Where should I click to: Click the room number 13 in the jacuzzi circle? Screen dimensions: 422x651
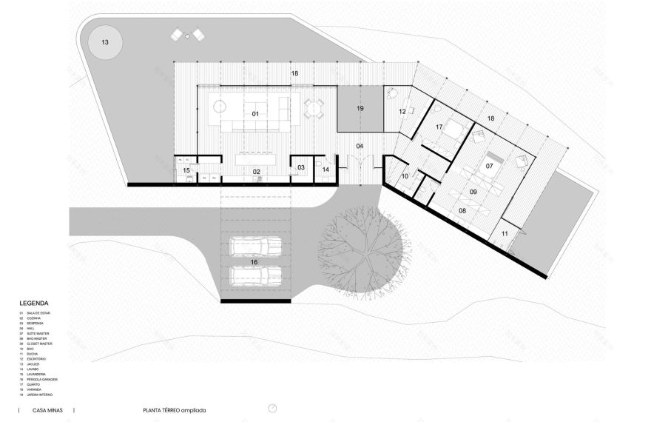tap(104, 43)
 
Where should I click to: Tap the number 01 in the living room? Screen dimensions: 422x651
tap(255, 114)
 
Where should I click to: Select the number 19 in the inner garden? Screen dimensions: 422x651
tap(360, 109)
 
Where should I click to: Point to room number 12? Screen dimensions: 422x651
tap(402, 112)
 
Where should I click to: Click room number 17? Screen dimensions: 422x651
tap(439, 127)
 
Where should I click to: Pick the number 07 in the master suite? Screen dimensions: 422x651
tap(489, 166)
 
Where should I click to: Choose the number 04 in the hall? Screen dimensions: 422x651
tap(360, 146)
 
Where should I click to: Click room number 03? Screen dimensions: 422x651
tap(301, 168)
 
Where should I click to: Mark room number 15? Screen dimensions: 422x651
tap(186, 171)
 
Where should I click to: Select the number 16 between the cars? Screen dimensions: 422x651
tap(253, 261)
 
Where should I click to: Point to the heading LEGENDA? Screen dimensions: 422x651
tap(34, 304)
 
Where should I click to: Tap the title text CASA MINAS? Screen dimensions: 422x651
tap(47, 409)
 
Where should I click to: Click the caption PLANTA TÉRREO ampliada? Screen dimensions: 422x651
tap(175, 409)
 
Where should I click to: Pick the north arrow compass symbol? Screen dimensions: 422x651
tap(273, 409)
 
